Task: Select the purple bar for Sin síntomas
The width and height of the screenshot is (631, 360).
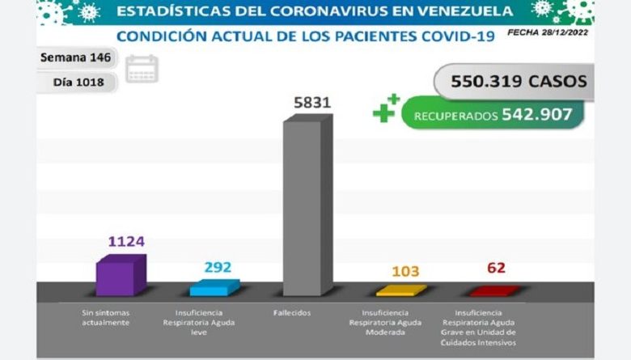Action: (x=121, y=275)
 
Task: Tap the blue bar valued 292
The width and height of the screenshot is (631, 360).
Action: (x=214, y=288)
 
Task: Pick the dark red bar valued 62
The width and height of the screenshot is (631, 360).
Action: (x=493, y=290)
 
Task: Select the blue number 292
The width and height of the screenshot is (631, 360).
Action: (x=218, y=266)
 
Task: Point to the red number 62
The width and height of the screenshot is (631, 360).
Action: (x=496, y=268)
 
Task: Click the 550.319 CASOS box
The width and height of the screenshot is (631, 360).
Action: (x=510, y=82)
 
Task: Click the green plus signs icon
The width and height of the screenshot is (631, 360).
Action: (x=386, y=109)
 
